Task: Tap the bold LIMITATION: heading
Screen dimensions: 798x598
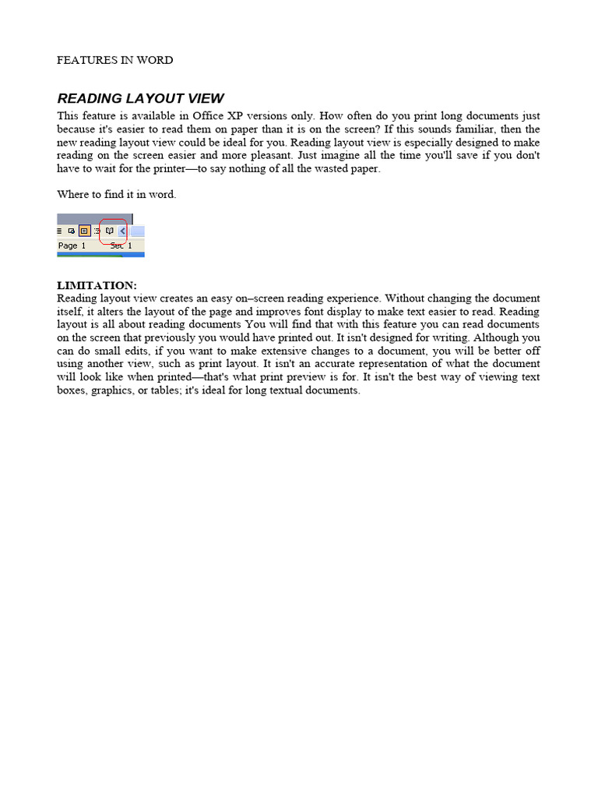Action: [x=97, y=286]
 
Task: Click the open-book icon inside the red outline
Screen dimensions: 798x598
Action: [x=110, y=231]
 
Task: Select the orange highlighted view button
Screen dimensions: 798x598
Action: [x=84, y=231]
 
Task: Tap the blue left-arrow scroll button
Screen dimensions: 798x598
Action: [x=123, y=231]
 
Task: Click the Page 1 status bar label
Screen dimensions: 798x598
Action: [x=72, y=245]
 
